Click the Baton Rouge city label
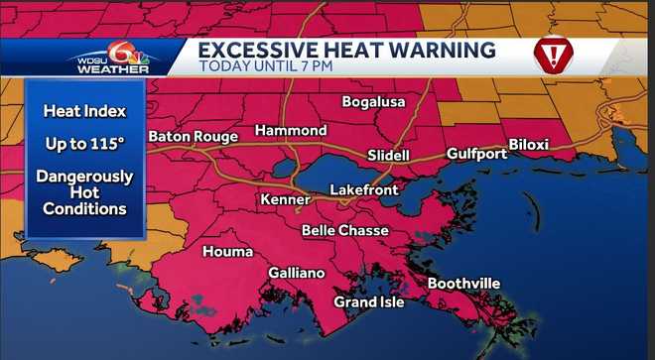tap(193, 136)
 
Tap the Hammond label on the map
tap(291, 131)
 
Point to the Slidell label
tap(387, 157)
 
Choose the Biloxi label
tap(528, 145)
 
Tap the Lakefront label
tap(364, 188)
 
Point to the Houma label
tap(227, 252)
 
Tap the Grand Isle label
tap(369, 301)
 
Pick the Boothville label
tap(463, 284)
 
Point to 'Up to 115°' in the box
tap(85, 144)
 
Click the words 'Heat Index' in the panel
tap(85, 112)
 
